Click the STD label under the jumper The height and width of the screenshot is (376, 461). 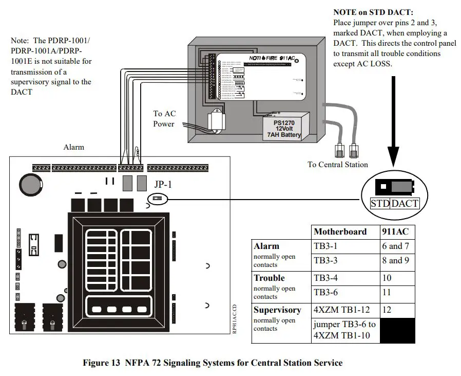tap(380, 203)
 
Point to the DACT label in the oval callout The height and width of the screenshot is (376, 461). tap(405, 203)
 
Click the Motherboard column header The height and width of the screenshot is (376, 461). tap(340, 231)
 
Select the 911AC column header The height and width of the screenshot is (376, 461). tap(395, 231)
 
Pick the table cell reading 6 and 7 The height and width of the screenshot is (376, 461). tap(395, 246)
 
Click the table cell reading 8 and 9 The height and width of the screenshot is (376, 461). tap(395, 261)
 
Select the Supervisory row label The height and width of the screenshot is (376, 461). tap(277, 310)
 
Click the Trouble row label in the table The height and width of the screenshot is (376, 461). tap(269, 278)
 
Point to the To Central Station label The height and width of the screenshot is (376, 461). tap(338, 165)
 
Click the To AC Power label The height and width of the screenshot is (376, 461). tap(164, 119)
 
